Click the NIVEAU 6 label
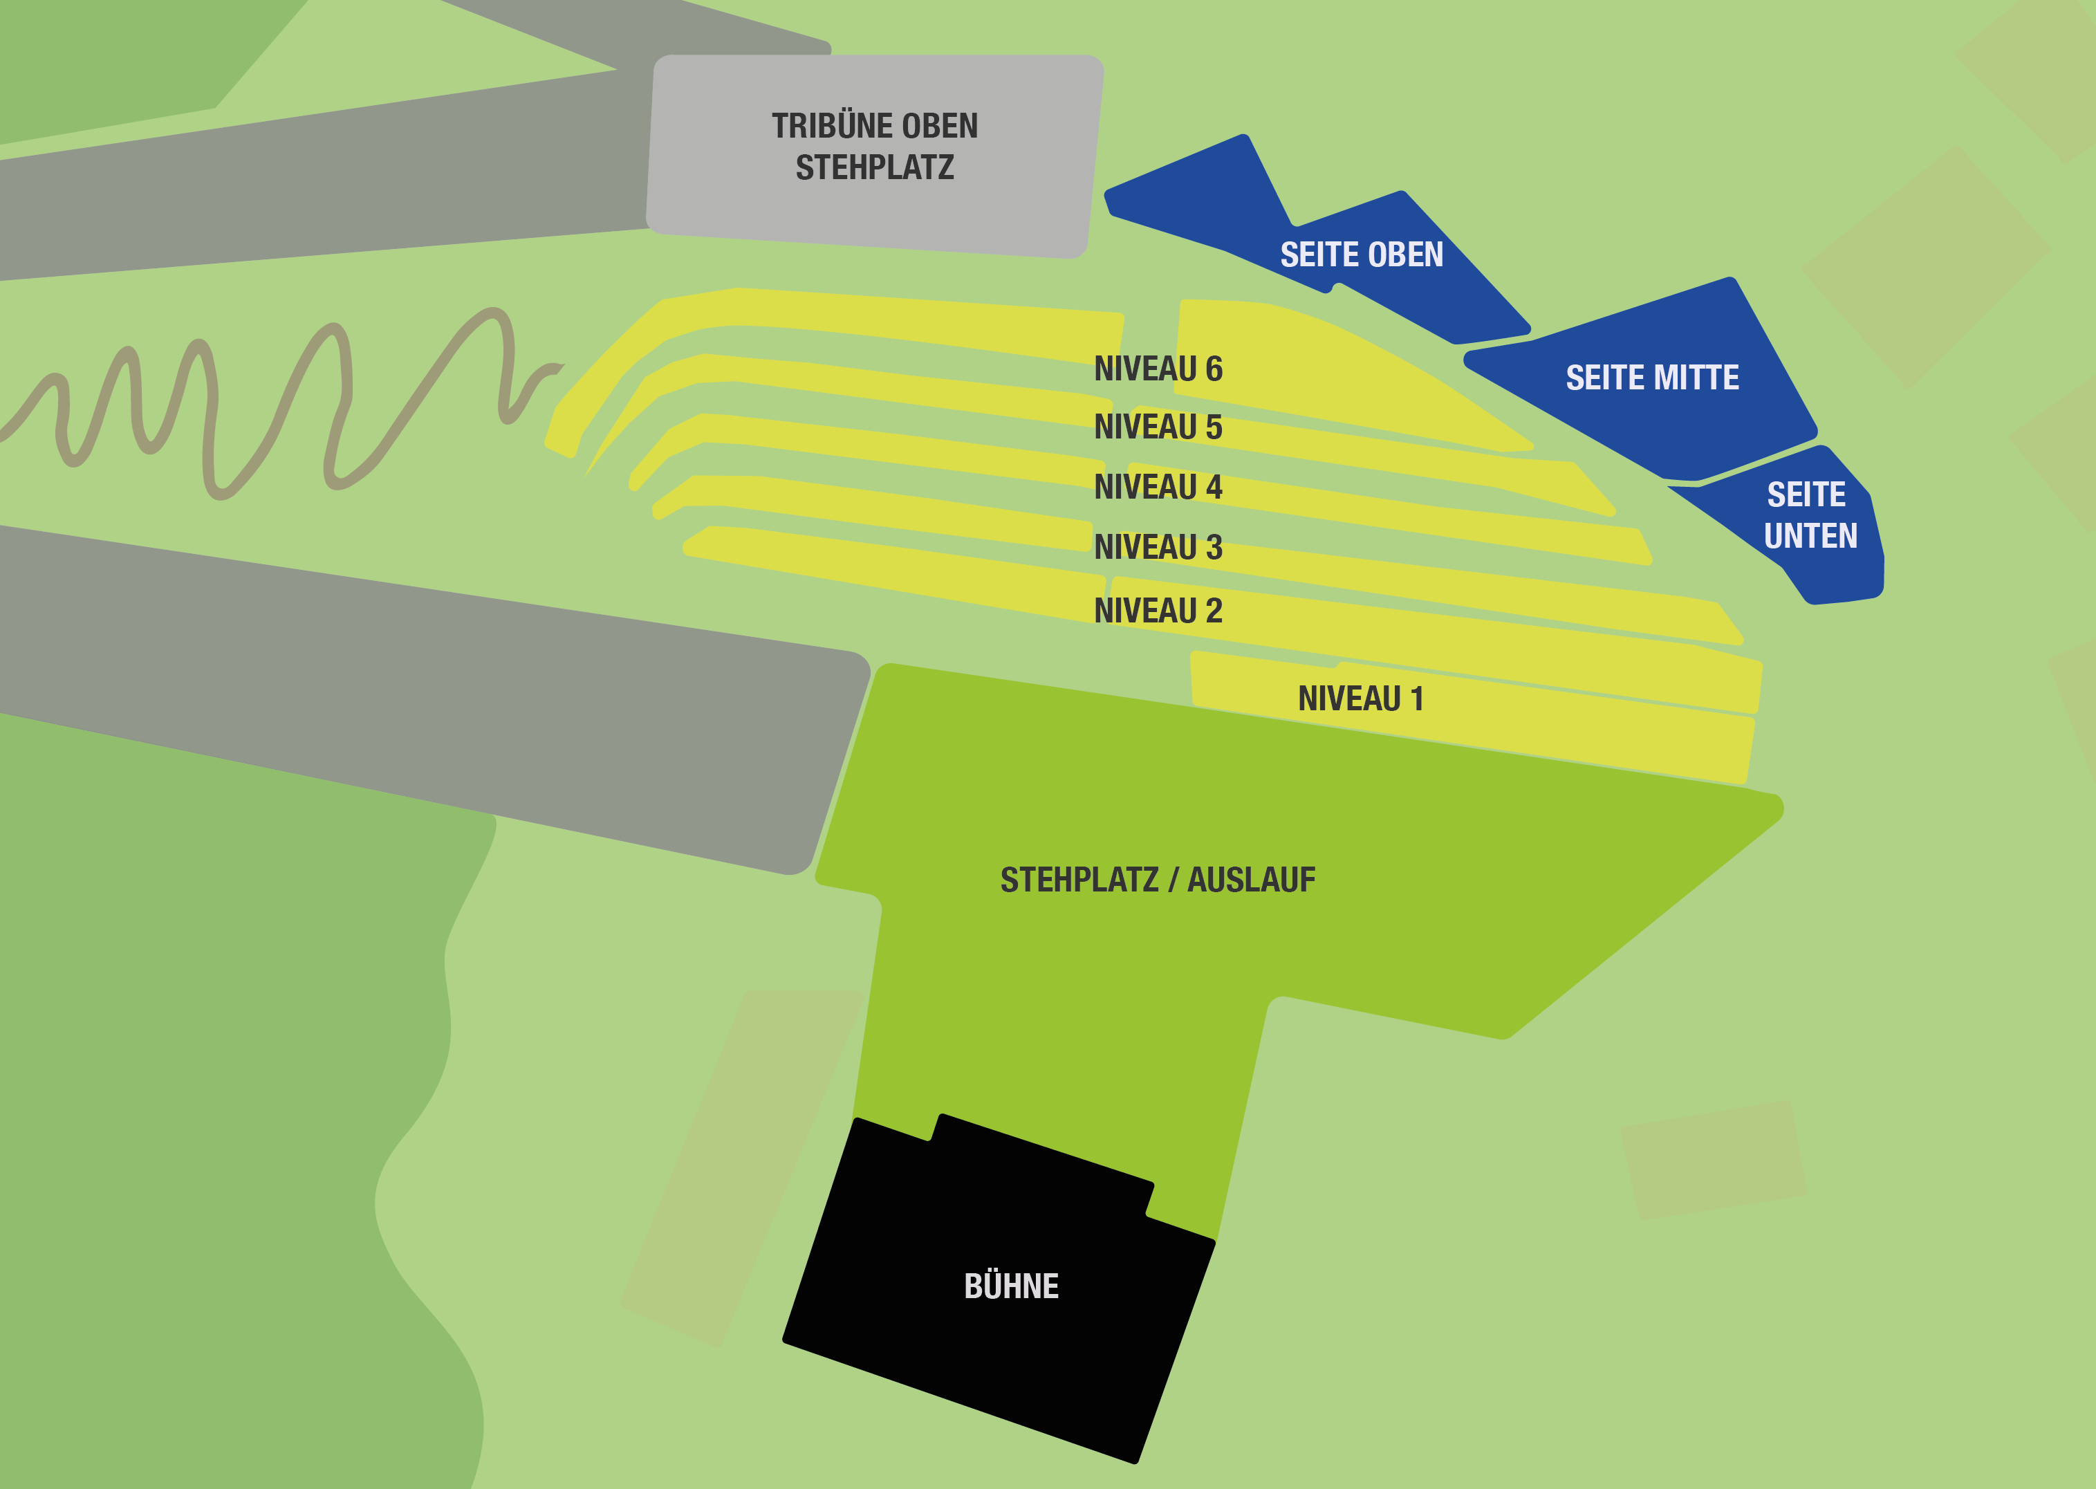coord(1158,369)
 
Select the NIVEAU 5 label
coord(1158,427)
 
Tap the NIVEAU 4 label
coord(1158,487)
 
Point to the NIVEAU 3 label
coord(1158,547)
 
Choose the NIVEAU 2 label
coord(1158,611)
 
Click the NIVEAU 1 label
coord(1361,699)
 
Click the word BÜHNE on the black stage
coord(1011,1286)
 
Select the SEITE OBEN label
coord(1362,255)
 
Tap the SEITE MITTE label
coord(1652,378)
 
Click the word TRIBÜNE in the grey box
coord(822,127)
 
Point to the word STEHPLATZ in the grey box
coord(875,168)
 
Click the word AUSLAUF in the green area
coord(1252,880)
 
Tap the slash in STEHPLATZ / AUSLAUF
coord(1174,880)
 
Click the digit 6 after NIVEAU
coord(1214,369)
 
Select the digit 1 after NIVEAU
coord(1417,699)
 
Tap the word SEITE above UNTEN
coord(1806,495)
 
